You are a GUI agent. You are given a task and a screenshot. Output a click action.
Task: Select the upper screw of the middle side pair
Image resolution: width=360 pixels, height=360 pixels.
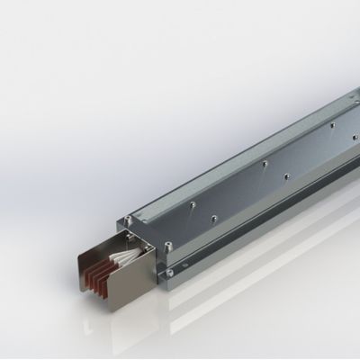[x=268, y=165]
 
